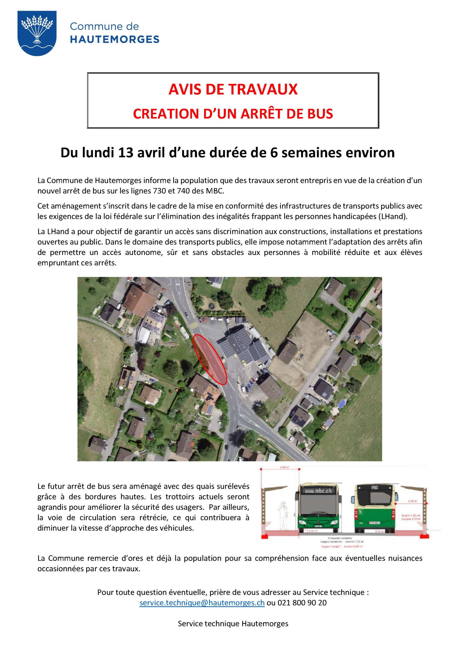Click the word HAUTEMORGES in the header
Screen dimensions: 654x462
tap(114, 39)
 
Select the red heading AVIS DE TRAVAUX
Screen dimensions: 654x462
tap(233, 89)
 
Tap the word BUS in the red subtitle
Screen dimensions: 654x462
tap(320, 114)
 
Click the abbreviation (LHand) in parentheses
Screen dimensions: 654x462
tap(393, 216)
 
